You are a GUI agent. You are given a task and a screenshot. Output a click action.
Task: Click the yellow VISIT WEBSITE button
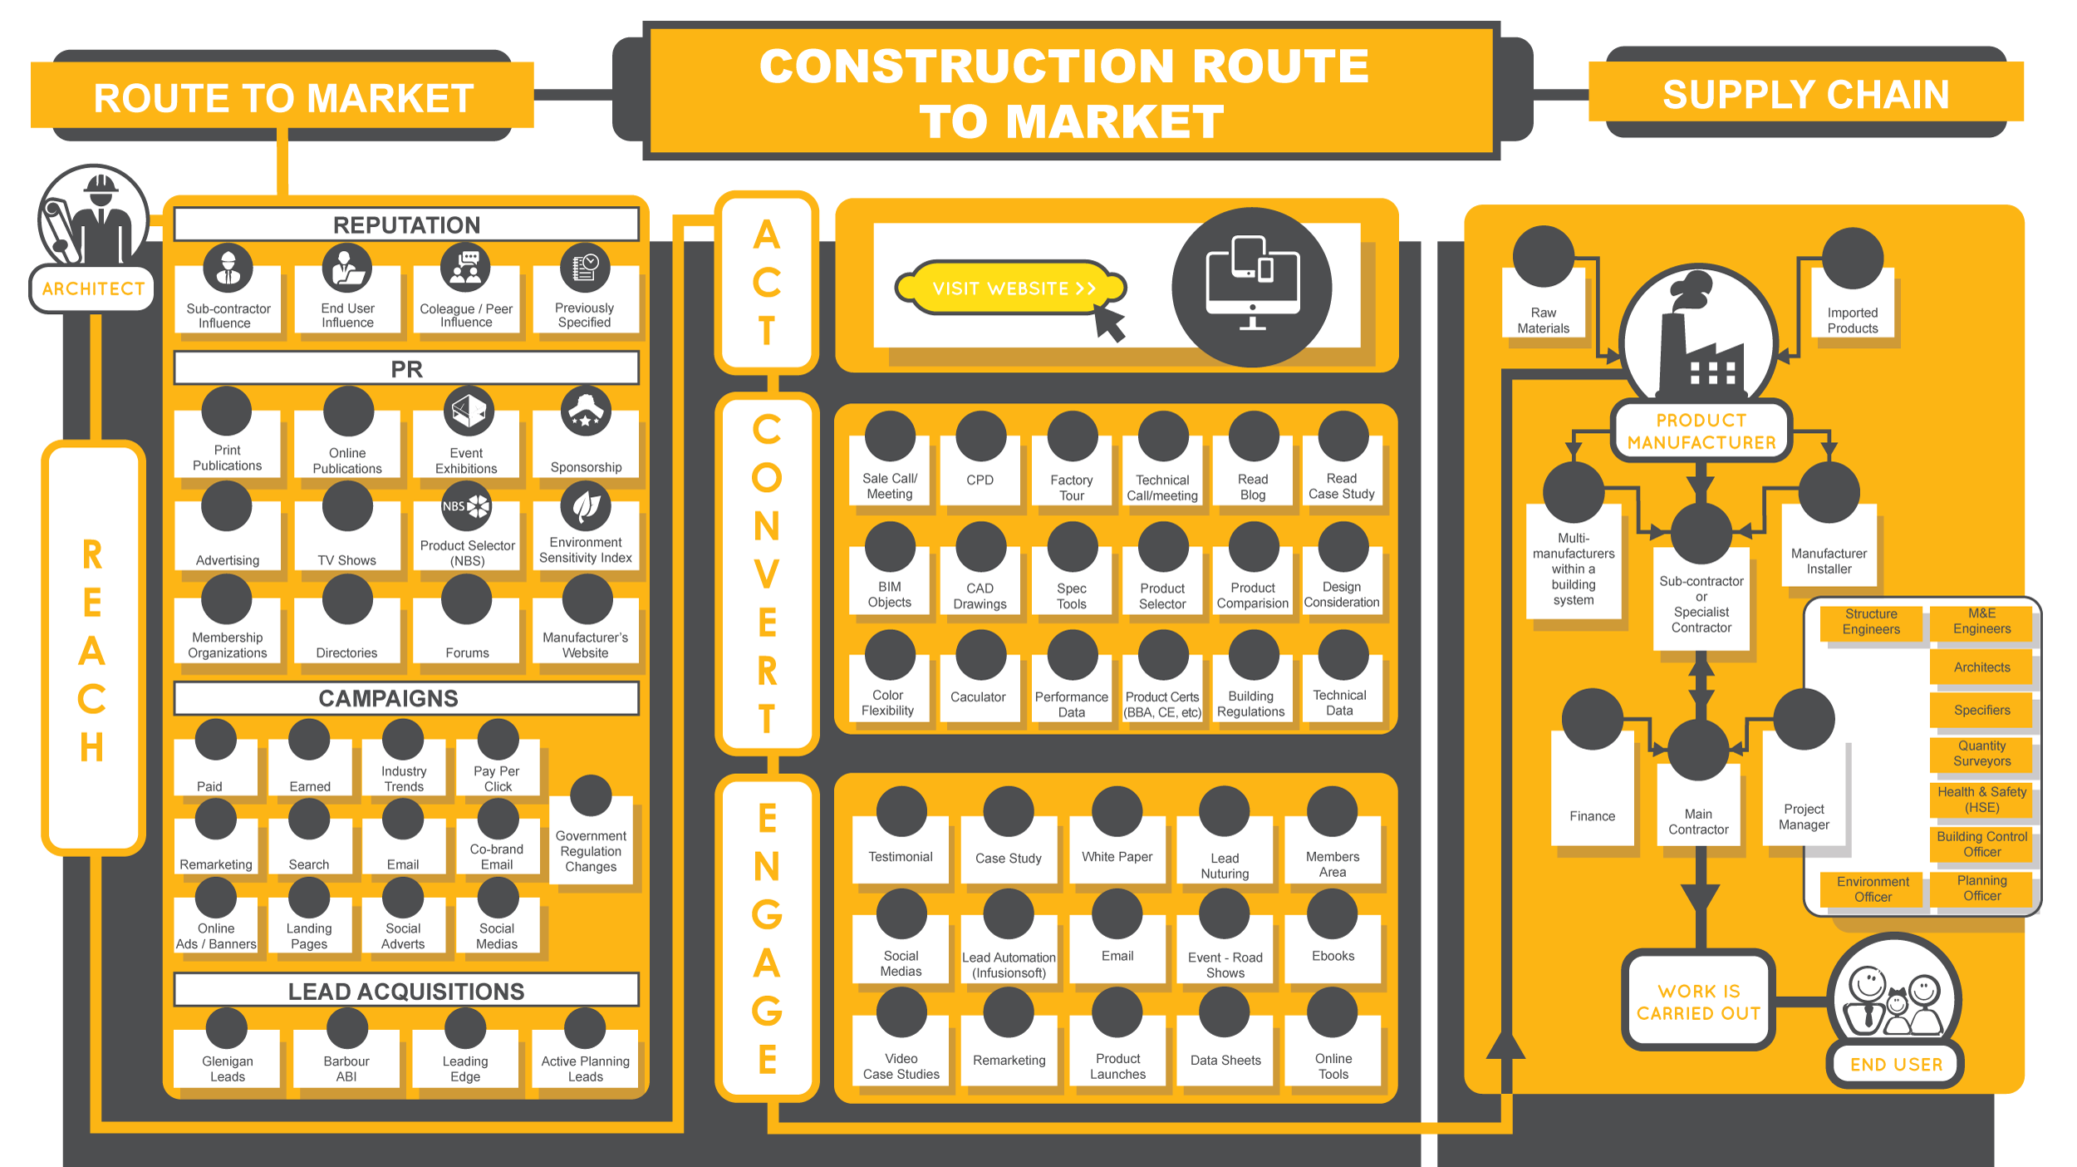[1010, 288]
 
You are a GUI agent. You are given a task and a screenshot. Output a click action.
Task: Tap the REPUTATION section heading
[406, 224]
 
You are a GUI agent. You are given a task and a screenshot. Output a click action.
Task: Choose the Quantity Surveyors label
[1981, 753]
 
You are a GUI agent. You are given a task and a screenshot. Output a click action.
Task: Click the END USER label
[1896, 1064]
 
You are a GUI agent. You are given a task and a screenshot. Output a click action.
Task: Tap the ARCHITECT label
[93, 288]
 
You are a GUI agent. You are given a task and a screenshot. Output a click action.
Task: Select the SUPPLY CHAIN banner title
[1805, 95]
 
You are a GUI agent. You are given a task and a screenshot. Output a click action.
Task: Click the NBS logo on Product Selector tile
[466, 506]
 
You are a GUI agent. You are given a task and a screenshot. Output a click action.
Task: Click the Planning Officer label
[1981, 888]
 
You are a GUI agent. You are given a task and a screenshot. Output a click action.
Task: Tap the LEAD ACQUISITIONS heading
[406, 991]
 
